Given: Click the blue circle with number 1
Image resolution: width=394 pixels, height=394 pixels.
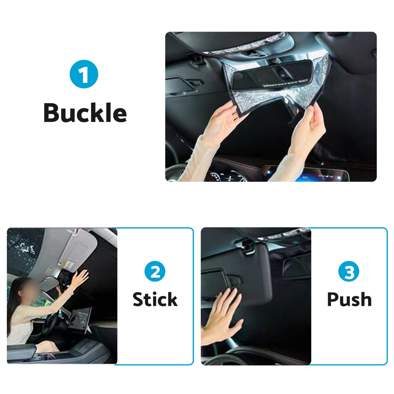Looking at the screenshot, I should (84, 74).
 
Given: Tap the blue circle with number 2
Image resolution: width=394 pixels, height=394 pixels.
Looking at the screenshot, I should (155, 271).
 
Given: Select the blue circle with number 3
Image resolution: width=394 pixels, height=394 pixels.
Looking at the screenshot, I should (349, 271).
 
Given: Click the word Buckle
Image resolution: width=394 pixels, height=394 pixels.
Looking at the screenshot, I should (85, 113).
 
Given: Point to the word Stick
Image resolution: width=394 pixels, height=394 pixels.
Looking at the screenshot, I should (155, 299).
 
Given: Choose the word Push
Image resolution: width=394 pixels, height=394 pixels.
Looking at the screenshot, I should (349, 299).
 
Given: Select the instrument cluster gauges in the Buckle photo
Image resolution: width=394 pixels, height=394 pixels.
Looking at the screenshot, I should (226, 176).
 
